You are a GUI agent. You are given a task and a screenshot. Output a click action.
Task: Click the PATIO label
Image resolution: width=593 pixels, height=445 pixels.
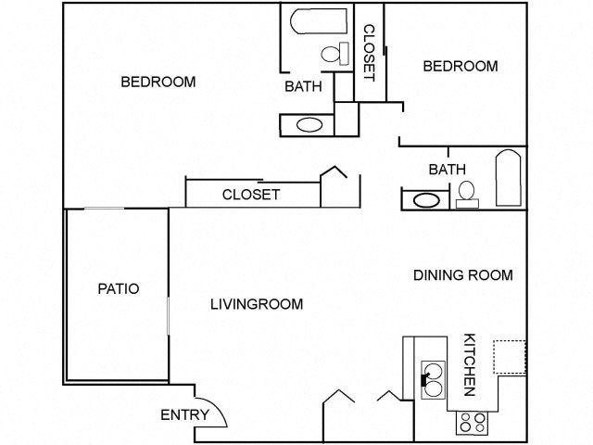coord(118,288)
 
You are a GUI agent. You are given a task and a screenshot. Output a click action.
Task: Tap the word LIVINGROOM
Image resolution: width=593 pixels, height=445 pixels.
coord(257,303)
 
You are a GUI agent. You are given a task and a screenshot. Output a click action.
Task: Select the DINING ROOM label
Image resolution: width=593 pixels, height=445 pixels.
coord(462,274)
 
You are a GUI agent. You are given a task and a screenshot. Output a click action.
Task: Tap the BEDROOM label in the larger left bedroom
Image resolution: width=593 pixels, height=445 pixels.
coord(158,82)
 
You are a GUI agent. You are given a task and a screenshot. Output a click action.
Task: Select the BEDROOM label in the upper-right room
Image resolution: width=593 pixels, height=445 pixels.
coord(460,66)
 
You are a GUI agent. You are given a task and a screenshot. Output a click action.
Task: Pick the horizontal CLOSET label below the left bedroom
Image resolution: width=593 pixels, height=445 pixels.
coord(250,194)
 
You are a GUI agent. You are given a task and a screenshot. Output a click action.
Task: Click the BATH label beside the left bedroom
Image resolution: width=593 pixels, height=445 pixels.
coord(303,87)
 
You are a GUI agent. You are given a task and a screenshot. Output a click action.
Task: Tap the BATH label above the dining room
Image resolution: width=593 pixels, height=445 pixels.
coord(447,169)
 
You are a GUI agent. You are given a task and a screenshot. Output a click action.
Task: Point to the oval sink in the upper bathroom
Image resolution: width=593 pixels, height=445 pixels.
coord(309,124)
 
